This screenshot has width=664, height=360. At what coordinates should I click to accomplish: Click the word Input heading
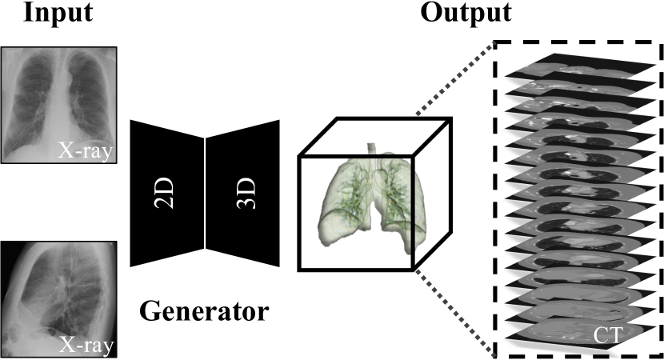point(58,14)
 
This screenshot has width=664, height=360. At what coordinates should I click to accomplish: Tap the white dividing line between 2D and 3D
point(206,192)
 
